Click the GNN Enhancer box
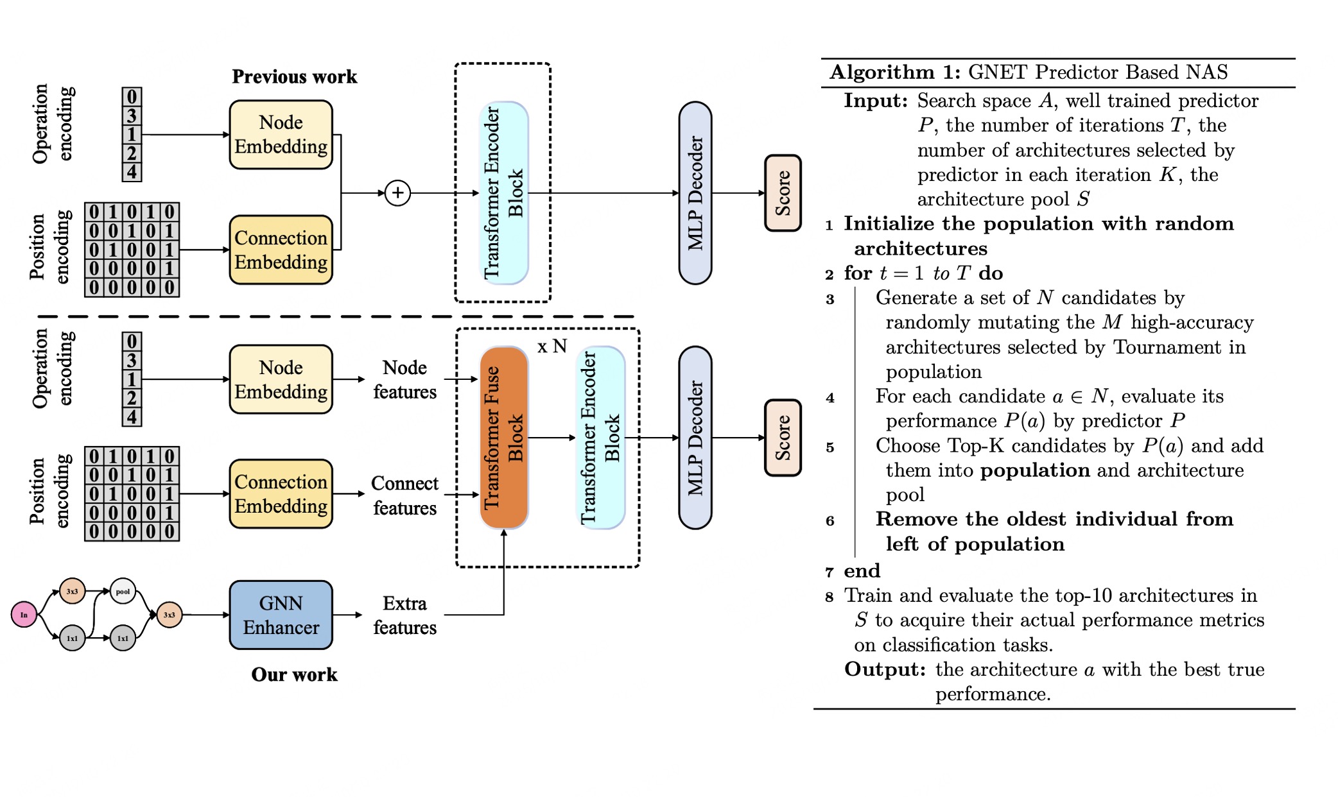(x=281, y=615)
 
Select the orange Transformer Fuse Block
(x=504, y=438)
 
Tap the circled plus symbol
(x=397, y=193)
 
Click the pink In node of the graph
(x=24, y=615)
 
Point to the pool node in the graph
(x=123, y=591)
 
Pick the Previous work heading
(x=294, y=76)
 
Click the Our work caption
(x=294, y=674)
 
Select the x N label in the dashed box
(x=552, y=347)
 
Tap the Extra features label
(x=404, y=615)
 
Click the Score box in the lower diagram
(x=783, y=438)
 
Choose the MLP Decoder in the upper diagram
(x=695, y=193)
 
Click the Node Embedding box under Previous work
(x=281, y=135)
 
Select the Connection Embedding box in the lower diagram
(x=281, y=493)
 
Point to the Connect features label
(x=404, y=495)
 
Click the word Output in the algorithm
(x=884, y=669)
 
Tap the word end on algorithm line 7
(x=862, y=570)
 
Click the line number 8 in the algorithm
(x=830, y=597)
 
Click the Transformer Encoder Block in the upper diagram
(x=504, y=193)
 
